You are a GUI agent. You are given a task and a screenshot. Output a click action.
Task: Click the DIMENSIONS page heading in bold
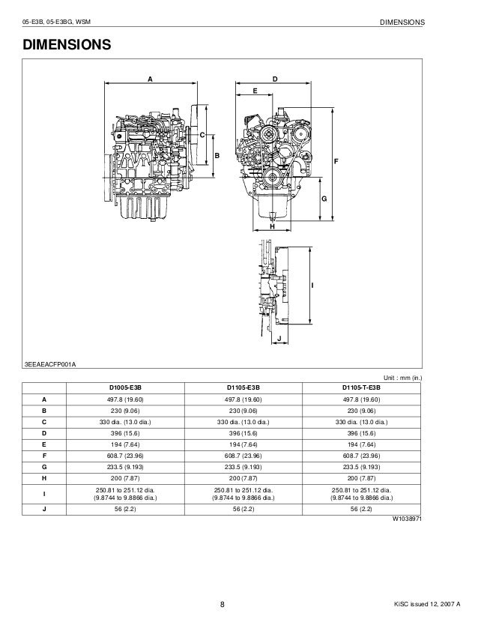67,46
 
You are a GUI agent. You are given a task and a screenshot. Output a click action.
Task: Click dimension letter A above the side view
150,78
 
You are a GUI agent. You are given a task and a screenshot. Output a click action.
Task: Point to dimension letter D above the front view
275,78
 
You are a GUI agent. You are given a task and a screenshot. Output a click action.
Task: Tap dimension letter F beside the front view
335,162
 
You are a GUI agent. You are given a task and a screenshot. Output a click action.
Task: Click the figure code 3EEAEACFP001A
51,363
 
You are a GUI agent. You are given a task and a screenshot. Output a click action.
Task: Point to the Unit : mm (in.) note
404,377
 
